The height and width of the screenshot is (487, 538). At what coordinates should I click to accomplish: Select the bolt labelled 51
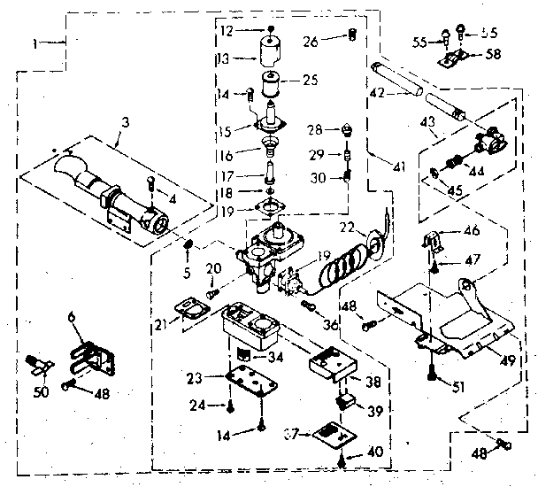coord(431,374)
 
